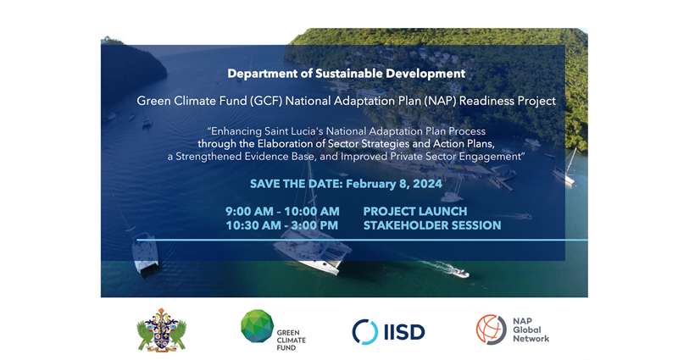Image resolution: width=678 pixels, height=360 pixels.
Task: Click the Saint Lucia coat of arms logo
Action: (161, 330)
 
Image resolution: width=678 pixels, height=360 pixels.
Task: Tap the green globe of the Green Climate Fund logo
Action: (258, 326)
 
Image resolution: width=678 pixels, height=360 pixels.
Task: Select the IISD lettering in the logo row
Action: (404, 332)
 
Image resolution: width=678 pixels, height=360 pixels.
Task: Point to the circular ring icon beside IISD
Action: (365, 332)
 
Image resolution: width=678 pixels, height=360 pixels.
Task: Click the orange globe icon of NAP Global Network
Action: (492, 330)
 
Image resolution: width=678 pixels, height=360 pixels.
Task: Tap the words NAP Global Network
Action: (531, 330)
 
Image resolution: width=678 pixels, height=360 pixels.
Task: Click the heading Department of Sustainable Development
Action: (347, 74)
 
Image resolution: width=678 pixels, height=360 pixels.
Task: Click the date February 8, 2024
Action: (394, 184)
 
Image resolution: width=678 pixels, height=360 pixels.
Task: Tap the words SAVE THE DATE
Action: (296, 184)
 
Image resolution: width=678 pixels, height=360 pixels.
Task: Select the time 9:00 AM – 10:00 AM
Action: (282, 211)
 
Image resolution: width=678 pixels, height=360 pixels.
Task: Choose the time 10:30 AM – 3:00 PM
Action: (282, 225)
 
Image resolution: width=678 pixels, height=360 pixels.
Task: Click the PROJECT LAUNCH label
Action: (415, 211)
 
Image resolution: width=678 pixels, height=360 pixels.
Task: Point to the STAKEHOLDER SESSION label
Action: (432, 225)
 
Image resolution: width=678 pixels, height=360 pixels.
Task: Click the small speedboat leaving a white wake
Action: (458, 272)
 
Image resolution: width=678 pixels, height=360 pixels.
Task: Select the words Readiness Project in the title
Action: (508, 101)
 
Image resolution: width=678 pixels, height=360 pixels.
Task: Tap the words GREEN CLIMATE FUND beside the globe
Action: (291, 341)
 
